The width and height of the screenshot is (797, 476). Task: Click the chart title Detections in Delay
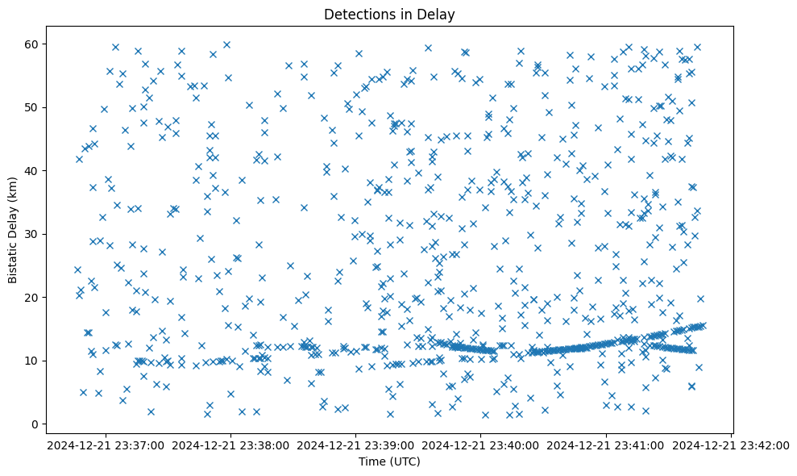[x=389, y=15]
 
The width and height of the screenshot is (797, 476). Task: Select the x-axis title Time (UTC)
[x=389, y=462]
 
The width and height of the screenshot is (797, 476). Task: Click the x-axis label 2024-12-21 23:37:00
[x=106, y=445]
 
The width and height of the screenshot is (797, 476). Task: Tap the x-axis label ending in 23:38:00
[x=231, y=445]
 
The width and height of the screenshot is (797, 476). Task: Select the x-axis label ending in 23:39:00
[x=356, y=445]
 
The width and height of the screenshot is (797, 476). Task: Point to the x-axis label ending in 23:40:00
[x=481, y=445]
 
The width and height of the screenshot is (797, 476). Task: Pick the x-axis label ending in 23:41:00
[x=606, y=445]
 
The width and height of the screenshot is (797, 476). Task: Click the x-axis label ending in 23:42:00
[x=731, y=445]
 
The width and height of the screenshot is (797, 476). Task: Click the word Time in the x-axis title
[x=373, y=462]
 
